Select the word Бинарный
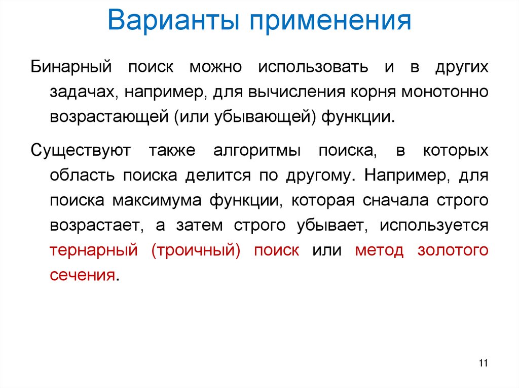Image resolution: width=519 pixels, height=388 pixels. click(x=70, y=67)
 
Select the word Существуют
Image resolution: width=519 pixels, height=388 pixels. click(x=81, y=150)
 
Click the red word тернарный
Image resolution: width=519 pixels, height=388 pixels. click(x=94, y=250)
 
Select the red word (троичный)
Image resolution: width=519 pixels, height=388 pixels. click(x=196, y=250)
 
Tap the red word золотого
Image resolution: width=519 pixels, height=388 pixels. click(x=453, y=250)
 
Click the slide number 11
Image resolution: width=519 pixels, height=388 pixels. click(x=482, y=363)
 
